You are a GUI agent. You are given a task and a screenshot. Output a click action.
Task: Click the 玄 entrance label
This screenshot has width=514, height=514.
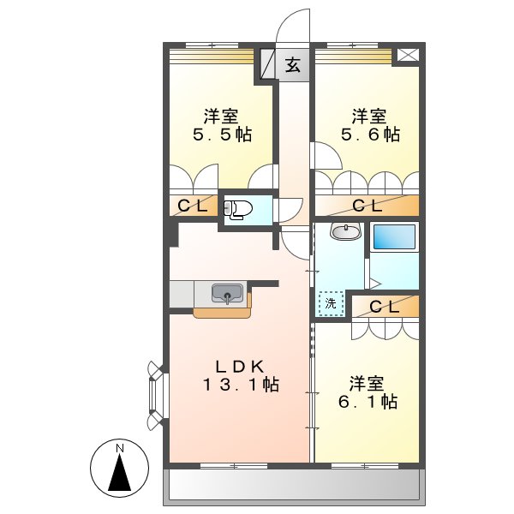pos(293,65)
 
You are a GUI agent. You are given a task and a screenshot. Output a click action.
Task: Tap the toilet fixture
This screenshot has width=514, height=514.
pos(238,208)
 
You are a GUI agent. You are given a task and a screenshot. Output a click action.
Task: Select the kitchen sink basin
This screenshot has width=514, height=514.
pos(227,293)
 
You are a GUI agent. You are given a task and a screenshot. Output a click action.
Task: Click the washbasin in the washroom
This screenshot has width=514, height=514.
pos(344,231)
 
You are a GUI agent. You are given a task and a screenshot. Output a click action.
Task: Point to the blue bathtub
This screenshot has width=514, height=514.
pos(394,236)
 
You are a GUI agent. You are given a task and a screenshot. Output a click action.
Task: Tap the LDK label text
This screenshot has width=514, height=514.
pos(239,363)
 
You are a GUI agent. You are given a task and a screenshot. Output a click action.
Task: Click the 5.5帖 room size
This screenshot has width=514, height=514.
pos(221,134)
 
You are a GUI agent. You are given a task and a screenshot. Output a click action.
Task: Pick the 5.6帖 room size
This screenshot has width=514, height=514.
pos(370,134)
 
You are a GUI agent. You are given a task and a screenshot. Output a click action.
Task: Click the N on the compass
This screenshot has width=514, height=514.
pos(121,448)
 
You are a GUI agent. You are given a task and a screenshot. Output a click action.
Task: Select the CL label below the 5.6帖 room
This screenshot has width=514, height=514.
pos(367,206)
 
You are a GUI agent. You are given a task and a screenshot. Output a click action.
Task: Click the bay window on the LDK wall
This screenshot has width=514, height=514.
pos(155,395)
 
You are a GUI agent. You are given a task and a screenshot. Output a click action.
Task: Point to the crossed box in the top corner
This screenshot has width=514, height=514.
pos(408,55)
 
